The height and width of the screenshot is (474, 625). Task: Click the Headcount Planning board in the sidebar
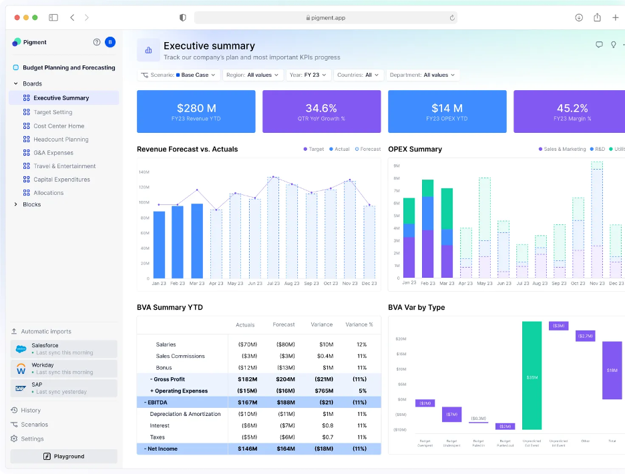point(61,140)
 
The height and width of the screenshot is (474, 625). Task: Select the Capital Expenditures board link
point(61,180)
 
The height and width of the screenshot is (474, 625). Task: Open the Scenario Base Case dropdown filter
point(178,75)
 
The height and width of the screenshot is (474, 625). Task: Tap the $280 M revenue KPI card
point(196,111)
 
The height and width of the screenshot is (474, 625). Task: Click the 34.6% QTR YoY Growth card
point(321,111)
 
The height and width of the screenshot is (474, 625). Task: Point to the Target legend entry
point(313,150)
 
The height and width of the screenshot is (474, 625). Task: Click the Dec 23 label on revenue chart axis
point(369,284)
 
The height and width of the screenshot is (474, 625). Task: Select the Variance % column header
point(359,324)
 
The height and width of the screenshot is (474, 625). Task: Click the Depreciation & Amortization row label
point(185,414)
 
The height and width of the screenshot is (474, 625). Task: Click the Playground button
point(64,457)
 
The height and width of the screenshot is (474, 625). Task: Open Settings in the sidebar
point(32,439)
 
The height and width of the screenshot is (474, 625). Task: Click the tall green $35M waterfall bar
point(532,375)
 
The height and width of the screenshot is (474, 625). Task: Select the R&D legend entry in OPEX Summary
point(598,150)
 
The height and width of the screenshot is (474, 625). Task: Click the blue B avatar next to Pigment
point(110,42)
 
